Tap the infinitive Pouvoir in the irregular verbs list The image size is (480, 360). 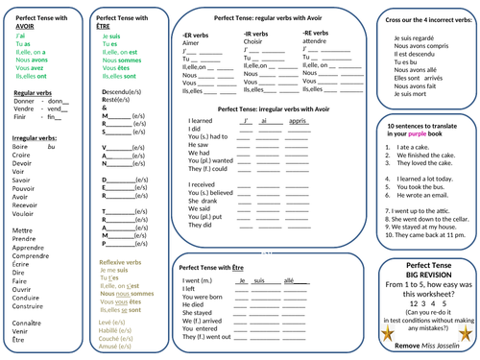pyautogui.click(x=26, y=188)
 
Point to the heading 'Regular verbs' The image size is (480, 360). pyautogui.click(x=34, y=92)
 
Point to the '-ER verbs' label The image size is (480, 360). pyautogui.click(x=197, y=34)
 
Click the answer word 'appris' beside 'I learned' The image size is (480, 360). pyautogui.click(x=298, y=120)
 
